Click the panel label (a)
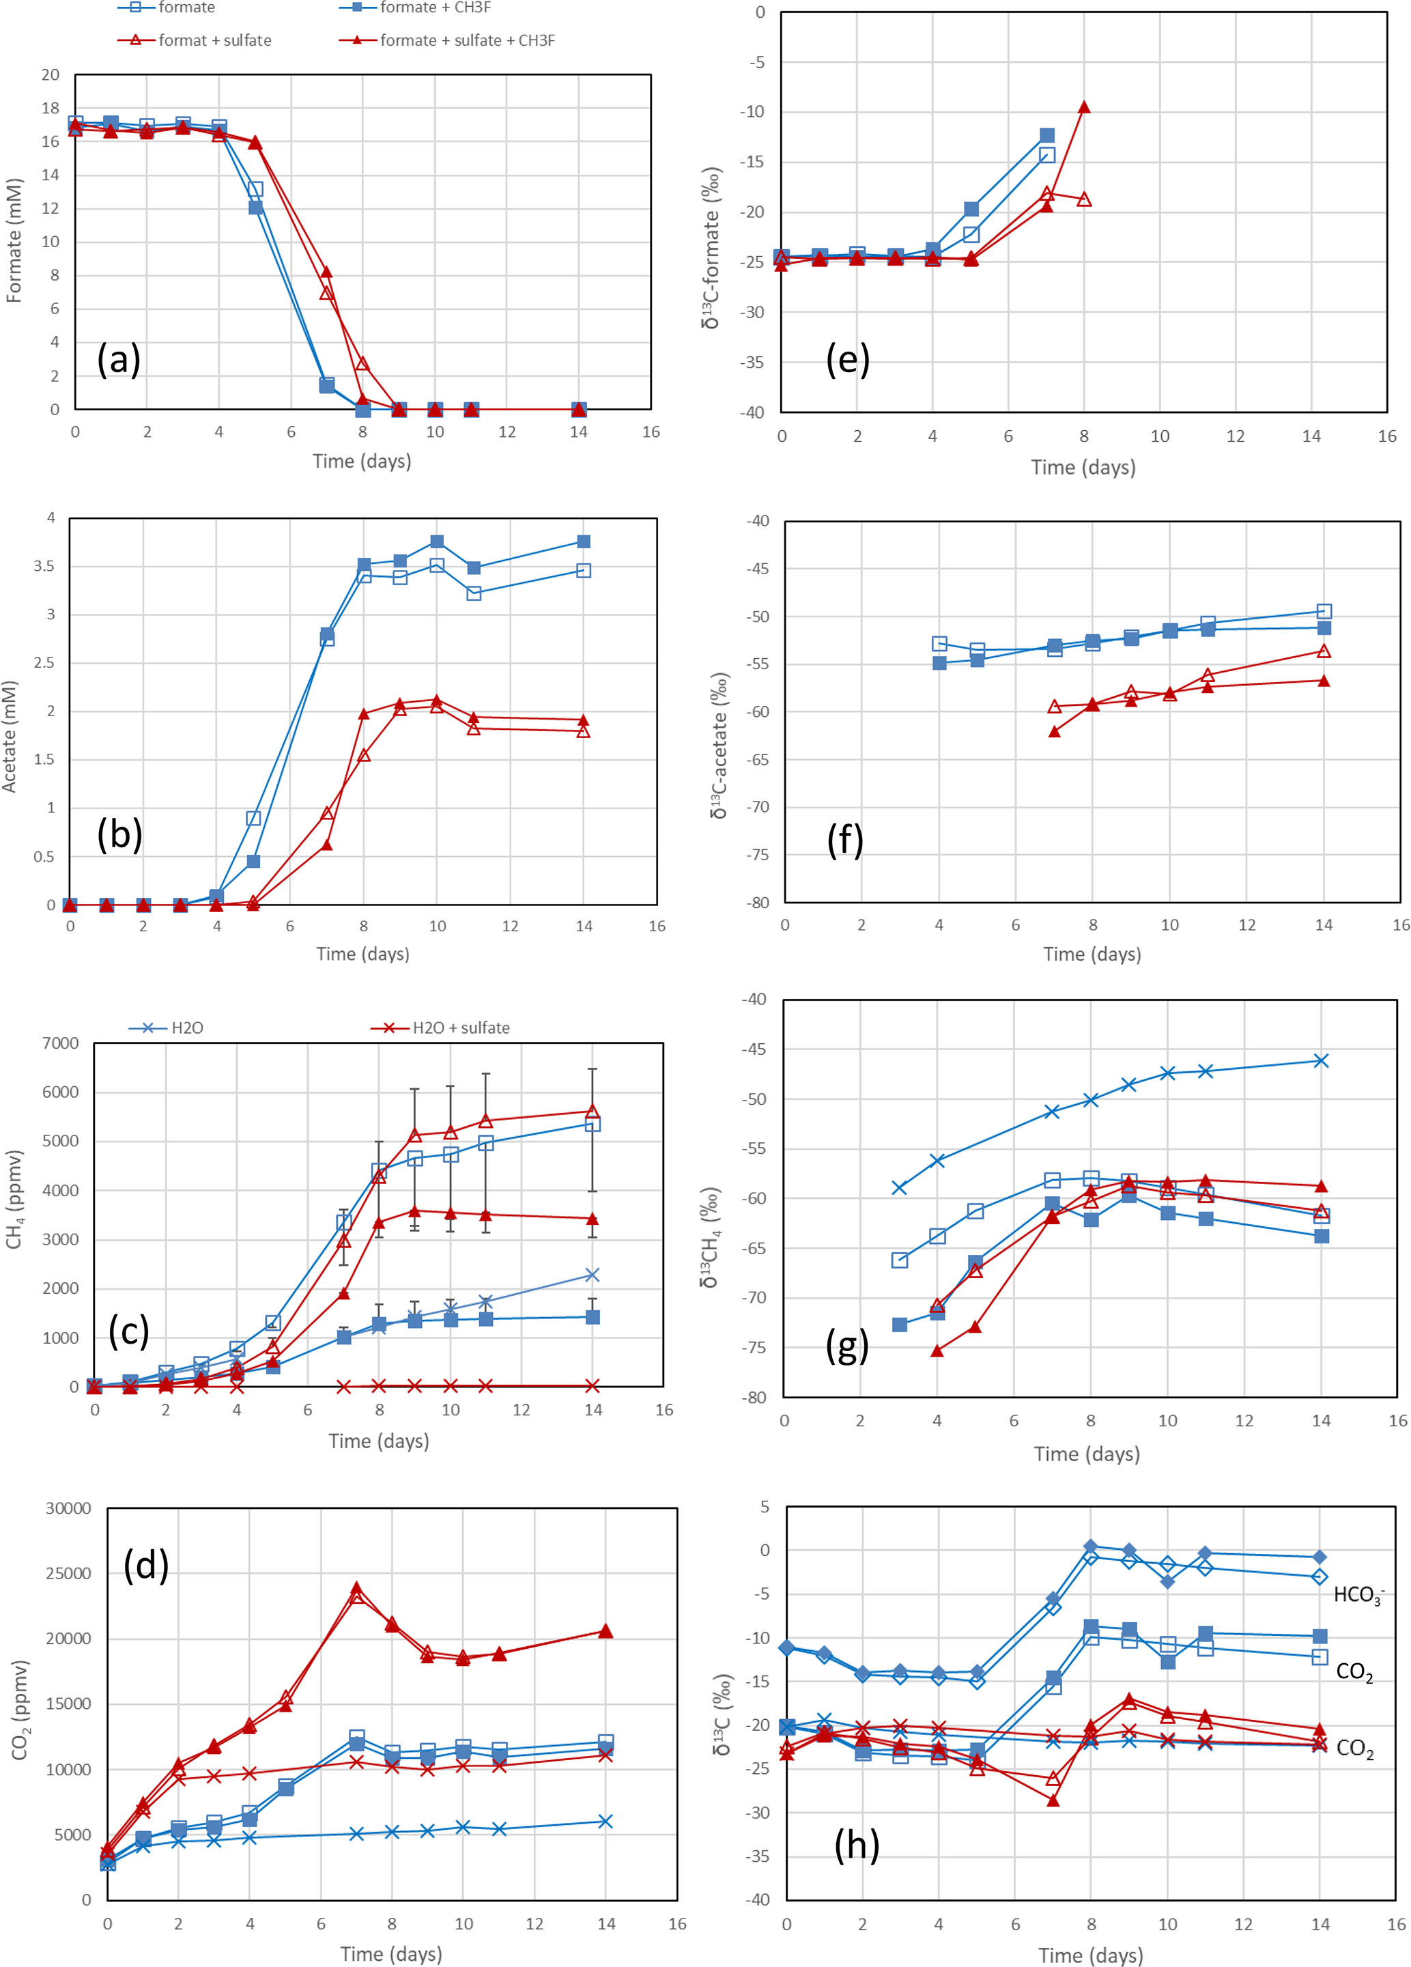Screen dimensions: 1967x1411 [119, 358]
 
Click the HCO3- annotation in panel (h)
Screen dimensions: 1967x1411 [1358, 1594]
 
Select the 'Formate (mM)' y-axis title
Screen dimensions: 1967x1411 [14, 240]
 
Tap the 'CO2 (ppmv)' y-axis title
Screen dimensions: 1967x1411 [20, 1710]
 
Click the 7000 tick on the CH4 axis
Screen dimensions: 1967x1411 [60, 1043]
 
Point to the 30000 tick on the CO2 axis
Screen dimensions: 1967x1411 [68, 1508]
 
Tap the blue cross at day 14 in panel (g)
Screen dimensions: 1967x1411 [1321, 1061]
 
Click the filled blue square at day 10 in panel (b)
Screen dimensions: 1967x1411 [437, 541]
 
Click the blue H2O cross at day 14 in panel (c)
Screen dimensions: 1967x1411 [593, 1275]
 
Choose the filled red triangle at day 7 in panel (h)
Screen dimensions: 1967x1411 [1053, 1800]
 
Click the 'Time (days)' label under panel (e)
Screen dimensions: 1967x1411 [1083, 468]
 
